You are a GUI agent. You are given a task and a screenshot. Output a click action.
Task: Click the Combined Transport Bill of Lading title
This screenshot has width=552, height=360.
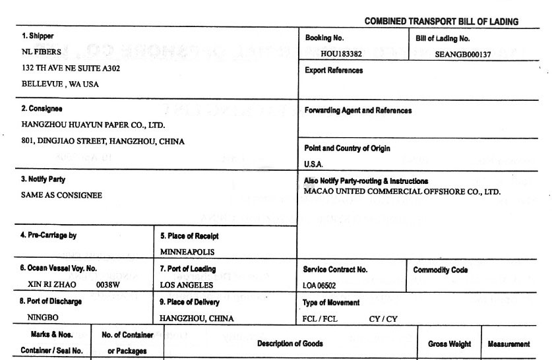click(x=441, y=22)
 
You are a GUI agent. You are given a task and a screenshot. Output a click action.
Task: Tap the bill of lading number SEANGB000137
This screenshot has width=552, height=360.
click(x=463, y=55)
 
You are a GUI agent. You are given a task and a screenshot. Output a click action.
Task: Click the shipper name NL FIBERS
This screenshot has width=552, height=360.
click(x=42, y=52)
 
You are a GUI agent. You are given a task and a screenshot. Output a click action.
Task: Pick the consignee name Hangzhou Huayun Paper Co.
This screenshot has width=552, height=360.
click(x=93, y=125)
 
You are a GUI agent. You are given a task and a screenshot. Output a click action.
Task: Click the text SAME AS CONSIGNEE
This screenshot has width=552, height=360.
click(x=62, y=195)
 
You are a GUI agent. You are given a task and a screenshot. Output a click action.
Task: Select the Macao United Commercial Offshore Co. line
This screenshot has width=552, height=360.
click(x=402, y=192)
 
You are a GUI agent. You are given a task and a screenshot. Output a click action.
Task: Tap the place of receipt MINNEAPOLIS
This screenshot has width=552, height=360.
click(x=187, y=251)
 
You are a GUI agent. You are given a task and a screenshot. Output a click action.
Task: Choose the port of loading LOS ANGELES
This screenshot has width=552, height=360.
click(x=187, y=285)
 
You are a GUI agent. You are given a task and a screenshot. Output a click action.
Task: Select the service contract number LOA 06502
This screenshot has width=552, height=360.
click(x=324, y=285)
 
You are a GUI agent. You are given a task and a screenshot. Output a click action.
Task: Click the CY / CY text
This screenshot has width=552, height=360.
click(x=383, y=318)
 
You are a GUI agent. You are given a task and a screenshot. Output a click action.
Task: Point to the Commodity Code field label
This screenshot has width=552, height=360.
click(x=441, y=270)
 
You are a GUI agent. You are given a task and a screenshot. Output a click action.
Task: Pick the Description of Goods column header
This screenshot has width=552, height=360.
click(x=290, y=344)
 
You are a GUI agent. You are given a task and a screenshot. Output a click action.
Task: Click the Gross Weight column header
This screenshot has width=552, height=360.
click(x=449, y=344)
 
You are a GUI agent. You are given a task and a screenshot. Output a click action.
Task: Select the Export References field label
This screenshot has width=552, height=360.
click(x=334, y=71)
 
